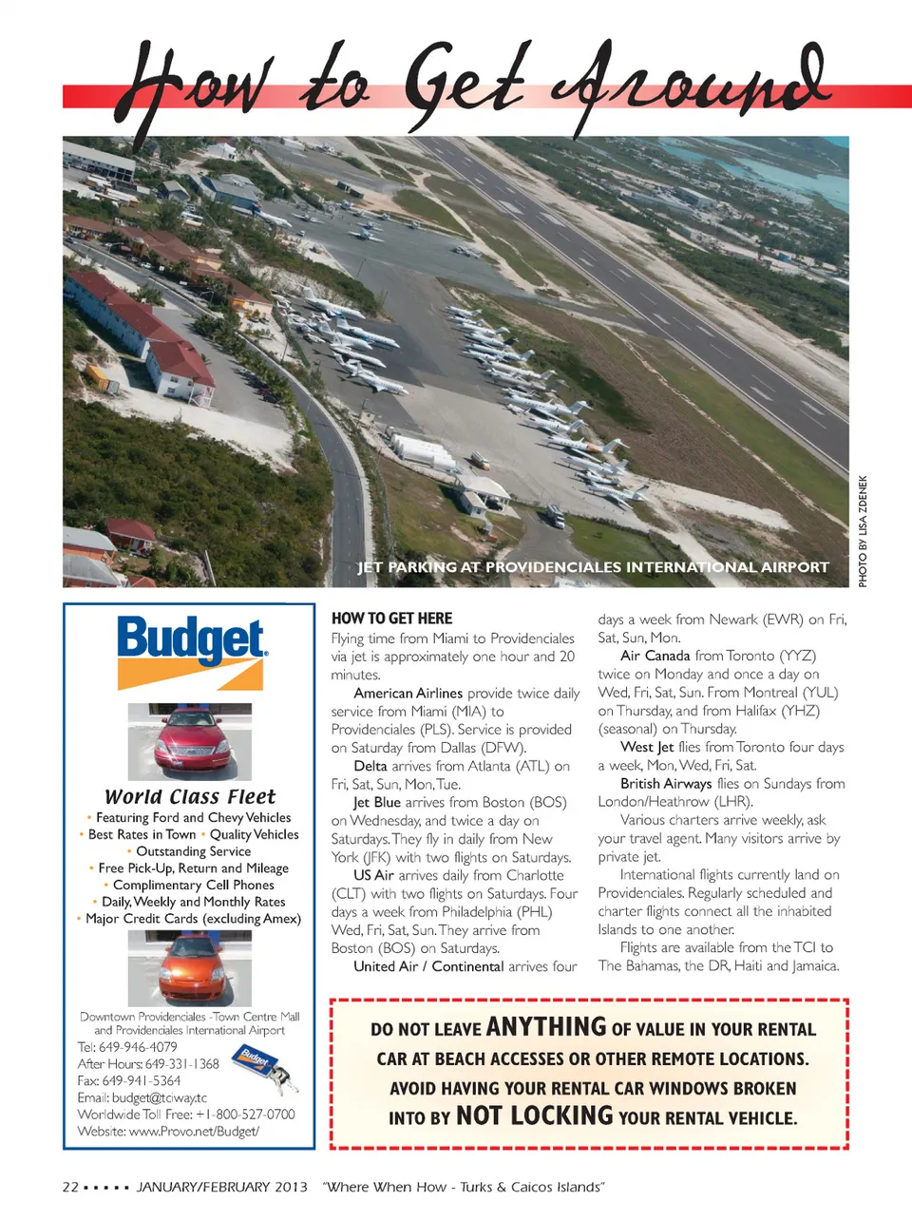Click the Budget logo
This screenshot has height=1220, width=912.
pyautogui.click(x=191, y=651)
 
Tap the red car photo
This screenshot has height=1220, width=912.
pyautogui.click(x=190, y=742)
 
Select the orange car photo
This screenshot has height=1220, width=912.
pyautogui.click(x=190, y=967)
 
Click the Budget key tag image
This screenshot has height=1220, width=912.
pyautogui.click(x=267, y=1067)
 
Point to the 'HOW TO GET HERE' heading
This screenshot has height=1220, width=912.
pyautogui.click(x=391, y=619)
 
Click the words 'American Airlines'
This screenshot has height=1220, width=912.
pyautogui.click(x=408, y=694)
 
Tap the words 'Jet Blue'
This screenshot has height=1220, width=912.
pyautogui.click(x=377, y=803)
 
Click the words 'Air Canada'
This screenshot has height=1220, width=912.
pyautogui.click(x=655, y=656)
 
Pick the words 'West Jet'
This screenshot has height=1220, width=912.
pyautogui.click(x=647, y=747)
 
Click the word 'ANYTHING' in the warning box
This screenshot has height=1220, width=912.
pyautogui.click(x=545, y=1027)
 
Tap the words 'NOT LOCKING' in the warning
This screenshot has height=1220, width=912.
pyautogui.click(x=534, y=1115)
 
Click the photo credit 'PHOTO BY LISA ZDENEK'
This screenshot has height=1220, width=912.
pyautogui.click(x=863, y=530)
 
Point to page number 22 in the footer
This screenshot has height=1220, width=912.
pyautogui.click(x=70, y=1187)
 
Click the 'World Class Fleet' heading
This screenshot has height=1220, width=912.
pyautogui.click(x=190, y=796)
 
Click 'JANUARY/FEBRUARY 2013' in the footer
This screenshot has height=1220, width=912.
pyautogui.click(x=222, y=1187)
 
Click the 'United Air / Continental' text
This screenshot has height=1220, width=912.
pyautogui.click(x=428, y=966)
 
